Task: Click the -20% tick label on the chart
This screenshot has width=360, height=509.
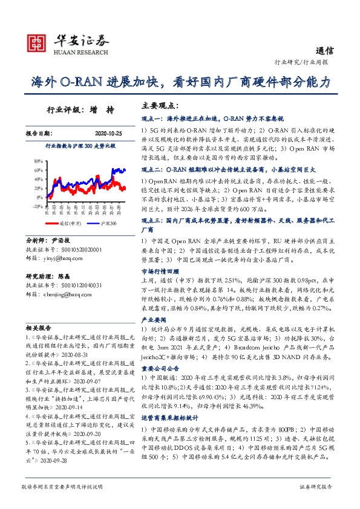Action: click(38, 206)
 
